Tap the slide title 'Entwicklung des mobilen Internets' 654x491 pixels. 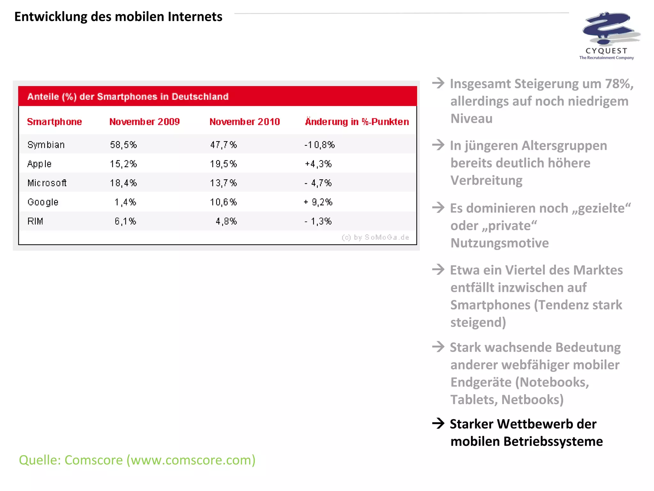pos(118,17)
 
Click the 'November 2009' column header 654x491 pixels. pos(144,122)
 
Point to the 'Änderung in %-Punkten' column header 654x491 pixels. pos(357,122)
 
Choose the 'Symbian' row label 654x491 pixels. pos(46,145)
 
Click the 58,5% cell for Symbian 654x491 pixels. pos(123,145)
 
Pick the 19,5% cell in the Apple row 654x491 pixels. pos(223,164)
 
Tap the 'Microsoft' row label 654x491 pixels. pos(47,183)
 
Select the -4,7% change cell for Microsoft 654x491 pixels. pos(318,183)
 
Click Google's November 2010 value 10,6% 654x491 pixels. pos(223,202)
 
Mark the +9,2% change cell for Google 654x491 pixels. pos(318,202)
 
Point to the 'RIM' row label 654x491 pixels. pos(35,221)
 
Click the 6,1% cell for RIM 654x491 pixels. pos(125,221)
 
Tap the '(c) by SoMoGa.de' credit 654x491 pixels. pos(375,238)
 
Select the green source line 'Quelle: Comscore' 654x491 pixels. pos(137,460)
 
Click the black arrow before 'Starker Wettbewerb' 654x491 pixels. pos(438,424)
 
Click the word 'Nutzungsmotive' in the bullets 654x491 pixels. pos(499,243)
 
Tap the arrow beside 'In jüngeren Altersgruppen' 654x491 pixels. pos(438,145)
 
